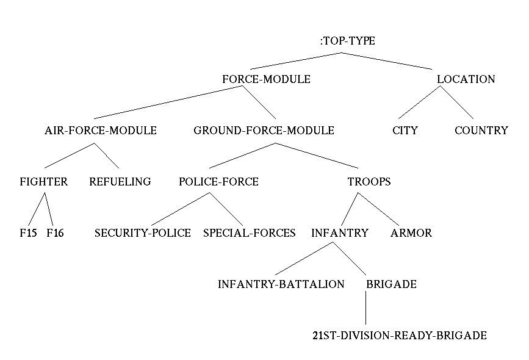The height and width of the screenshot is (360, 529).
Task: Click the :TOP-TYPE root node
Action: [348, 41]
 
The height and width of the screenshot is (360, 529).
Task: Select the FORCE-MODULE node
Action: [266, 79]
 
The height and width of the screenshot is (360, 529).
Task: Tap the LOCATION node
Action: [466, 79]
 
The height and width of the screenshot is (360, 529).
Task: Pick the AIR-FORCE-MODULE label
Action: [101, 131]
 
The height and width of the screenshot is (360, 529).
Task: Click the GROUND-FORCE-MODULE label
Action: [264, 131]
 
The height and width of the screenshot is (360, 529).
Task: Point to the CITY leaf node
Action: [405, 131]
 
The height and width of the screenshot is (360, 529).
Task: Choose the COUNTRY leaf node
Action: [481, 131]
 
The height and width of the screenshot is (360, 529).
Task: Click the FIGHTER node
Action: [43, 182]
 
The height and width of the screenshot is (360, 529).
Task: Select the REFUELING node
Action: [120, 182]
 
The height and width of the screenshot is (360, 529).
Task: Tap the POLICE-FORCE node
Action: [218, 182]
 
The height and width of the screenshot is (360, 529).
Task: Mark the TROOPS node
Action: [369, 182]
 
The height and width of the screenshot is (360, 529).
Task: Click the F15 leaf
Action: [28, 233]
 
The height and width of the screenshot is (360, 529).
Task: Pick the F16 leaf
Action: [55, 233]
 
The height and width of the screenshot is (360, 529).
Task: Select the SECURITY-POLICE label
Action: [142, 233]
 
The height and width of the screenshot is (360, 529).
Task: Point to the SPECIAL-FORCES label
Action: [249, 233]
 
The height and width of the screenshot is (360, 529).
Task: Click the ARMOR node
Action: [411, 233]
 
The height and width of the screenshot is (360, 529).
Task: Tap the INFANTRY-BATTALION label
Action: [281, 284]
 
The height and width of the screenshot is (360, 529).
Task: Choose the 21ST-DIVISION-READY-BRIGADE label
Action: [399, 336]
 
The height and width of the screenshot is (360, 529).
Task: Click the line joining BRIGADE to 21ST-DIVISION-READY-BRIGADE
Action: [365, 309]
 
